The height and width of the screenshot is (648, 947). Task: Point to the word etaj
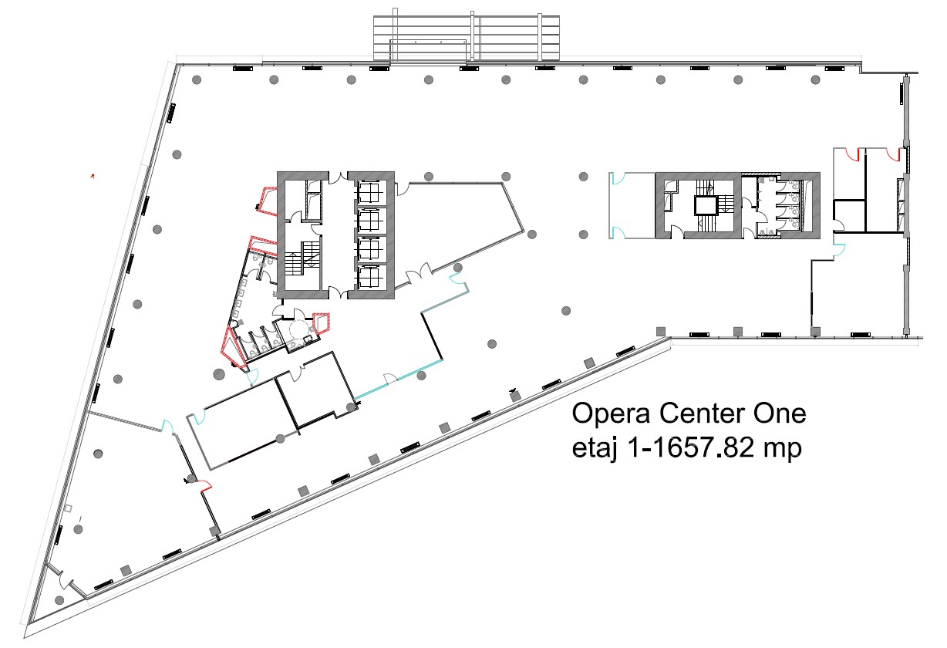pos(595,448)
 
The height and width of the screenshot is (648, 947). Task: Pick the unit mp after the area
pos(783,451)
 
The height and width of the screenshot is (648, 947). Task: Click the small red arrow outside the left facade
pos(93,177)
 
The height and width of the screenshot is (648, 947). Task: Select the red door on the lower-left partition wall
pos(205,486)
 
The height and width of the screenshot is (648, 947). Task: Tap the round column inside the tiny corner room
pos(59,599)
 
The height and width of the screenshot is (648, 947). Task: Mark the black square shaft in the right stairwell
pos(706,205)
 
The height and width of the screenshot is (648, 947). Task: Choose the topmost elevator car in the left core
pos(370,192)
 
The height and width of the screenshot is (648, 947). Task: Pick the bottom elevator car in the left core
pos(370,278)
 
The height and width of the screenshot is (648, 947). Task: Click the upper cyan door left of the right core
pos(617,178)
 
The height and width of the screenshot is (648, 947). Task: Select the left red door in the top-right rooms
pos(852,155)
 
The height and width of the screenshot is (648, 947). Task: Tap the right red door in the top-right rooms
pos(893,155)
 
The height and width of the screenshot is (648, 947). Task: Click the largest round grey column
pos(218,374)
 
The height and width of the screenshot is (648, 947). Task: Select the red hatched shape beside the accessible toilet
pos(321,323)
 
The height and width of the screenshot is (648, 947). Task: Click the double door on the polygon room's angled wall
pos(419,274)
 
